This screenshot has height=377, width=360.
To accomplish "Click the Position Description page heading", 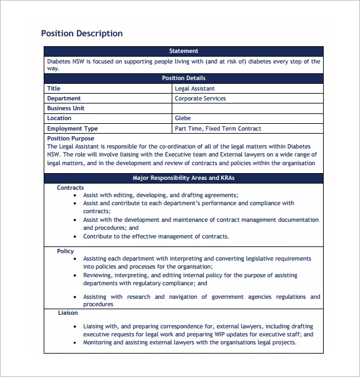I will pyautogui.click(x=81, y=33).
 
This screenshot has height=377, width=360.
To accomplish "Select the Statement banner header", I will pyautogui.click(x=183, y=51).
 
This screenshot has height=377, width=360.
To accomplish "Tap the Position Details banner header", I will pyautogui.click(x=183, y=78).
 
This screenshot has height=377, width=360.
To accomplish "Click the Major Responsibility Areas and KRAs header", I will pyautogui.click(x=183, y=178).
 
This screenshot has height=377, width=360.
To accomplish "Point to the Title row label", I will pyautogui.click(x=54, y=89).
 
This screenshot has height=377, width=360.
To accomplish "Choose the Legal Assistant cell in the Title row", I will pyautogui.click(x=194, y=89).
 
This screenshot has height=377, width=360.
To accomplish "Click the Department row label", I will pyautogui.click(x=64, y=99).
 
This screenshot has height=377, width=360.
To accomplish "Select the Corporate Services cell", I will pyautogui.click(x=200, y=99).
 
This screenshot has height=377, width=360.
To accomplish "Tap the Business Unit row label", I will pyautogui.click(x=66, y=108).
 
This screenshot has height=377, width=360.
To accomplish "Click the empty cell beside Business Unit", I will pyautogui.click(x=247, y=108).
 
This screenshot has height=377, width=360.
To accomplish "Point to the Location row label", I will pyautogui.click(x=59, y=118).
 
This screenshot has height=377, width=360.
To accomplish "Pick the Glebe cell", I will pyautogui.click(x=183, y=118).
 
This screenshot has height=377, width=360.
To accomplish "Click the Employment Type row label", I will pyautogui.click(x=73, y=129).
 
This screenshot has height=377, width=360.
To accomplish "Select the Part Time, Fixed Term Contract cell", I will pyautogui.click(x=218, y=129).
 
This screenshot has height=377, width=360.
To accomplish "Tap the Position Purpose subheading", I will pyautogui.click(x=71, y=139).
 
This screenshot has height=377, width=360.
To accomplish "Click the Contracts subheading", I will pyautogui.click(x=70, y=187).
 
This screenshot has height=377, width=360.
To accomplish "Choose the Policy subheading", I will pyautogui.click(x=65, y=251).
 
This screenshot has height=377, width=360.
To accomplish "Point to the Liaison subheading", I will pyautogui.click(x=68, y=313).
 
